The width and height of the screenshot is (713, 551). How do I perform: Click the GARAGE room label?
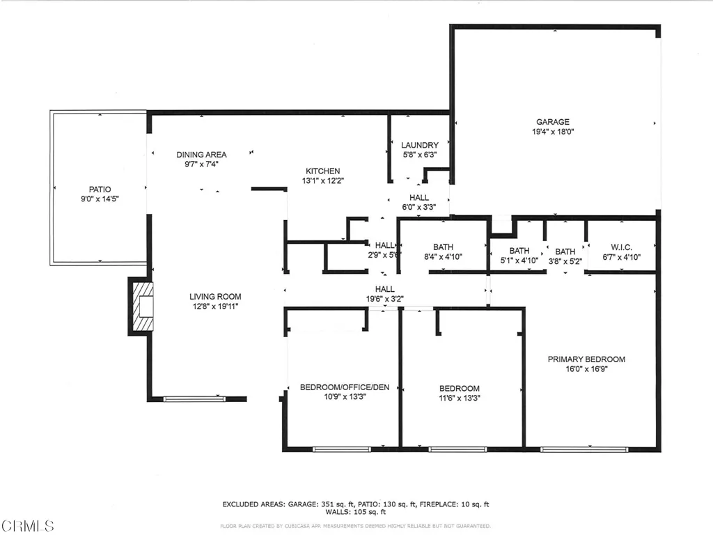click(552, 122)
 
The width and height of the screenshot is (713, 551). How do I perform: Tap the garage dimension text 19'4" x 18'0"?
click(552, 131)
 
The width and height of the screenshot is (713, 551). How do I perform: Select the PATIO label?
click(100, 189)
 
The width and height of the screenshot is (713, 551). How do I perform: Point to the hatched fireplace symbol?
click(143, 306)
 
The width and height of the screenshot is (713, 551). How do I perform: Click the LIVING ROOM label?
click(215, 296)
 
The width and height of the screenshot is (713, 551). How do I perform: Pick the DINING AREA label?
click(201, 155)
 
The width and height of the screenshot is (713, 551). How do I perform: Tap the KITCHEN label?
click(323, 171)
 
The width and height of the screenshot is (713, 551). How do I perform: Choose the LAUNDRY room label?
click(419, 146)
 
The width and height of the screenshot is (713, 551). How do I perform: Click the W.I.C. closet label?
click(621, 248)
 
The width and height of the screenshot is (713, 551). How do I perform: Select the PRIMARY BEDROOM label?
click(586, 359)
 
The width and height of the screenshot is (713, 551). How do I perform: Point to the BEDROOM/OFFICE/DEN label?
click(345, 387)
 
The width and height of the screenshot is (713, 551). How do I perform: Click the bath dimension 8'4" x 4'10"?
click(443, 257)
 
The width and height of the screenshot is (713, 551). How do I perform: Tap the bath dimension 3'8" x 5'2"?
click(565, 261)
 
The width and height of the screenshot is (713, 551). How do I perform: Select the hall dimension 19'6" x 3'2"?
click(385, 299)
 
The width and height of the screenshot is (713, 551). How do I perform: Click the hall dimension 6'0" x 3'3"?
click(419, 207)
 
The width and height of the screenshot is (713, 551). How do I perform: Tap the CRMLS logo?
click(27, 525)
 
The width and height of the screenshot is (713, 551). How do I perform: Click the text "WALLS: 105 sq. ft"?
click(356, 513)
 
